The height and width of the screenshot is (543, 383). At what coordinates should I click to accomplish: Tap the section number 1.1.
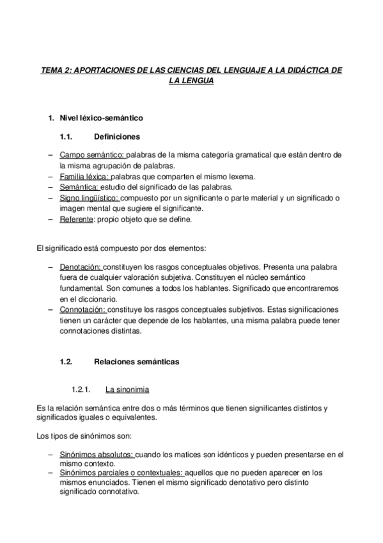[x=68, y=136]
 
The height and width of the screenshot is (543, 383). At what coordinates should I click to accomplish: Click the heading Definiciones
[x=117, y=136]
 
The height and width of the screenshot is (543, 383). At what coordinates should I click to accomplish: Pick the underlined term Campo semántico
[x=93, y=156]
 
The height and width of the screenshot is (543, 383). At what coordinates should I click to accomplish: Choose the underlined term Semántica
[x=79, y=187]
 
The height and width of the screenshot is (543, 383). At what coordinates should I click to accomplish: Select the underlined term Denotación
[x=81, y=266]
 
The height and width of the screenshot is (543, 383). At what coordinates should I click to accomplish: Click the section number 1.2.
[x=68, y=362]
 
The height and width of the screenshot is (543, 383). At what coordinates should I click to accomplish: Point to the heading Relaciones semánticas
[x=136, y=362]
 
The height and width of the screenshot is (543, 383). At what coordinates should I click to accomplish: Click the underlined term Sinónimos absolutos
[x=96, y=454]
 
